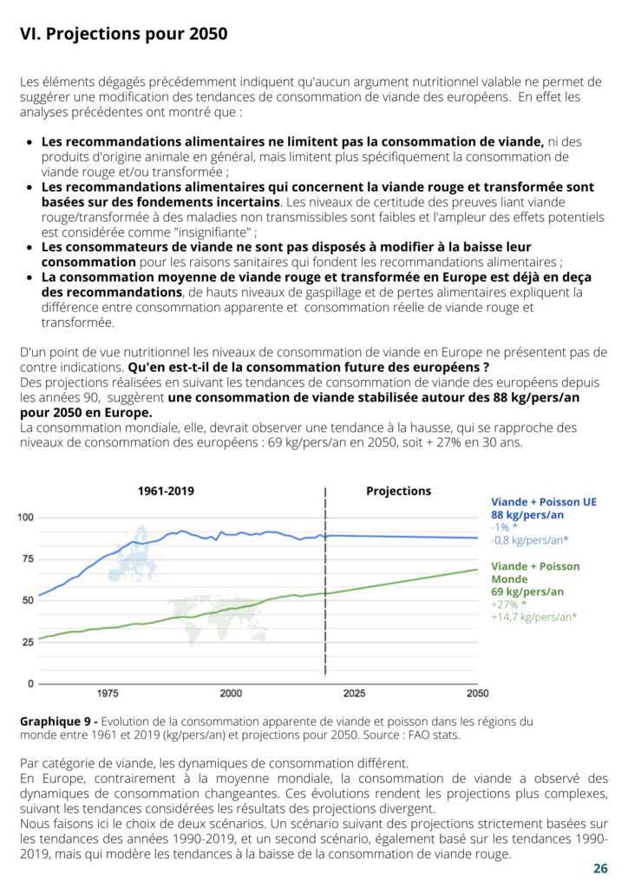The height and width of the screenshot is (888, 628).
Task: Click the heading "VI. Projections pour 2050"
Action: pos(123,34)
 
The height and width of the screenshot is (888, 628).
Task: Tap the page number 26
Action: pos(600,869)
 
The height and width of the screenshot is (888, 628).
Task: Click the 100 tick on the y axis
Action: pos(25,517)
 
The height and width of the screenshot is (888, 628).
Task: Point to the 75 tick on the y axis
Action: pos(28,559)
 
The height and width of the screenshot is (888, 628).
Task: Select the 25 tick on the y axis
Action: pos(28,643)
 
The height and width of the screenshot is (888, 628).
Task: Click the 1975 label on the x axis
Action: pos(108,693)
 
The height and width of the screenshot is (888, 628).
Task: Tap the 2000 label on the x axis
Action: pos(231,693)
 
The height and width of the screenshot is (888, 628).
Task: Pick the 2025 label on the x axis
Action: pos(355,693)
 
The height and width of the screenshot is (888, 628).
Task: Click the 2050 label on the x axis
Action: pos(477,693)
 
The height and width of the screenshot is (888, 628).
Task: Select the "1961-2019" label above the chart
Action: pos(166,491)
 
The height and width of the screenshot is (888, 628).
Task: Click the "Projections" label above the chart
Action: pos(399,491)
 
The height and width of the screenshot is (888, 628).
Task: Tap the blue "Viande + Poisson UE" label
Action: pos(544,502)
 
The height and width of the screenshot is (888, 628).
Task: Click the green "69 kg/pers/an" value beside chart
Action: pos(527,591)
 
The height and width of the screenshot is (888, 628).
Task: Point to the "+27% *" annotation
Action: pos(508,604)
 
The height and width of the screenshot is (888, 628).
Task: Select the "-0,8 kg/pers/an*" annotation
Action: pos(529,540)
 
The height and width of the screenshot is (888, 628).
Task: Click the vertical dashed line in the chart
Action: pos(325,582)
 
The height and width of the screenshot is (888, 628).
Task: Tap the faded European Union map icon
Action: pos(136,554)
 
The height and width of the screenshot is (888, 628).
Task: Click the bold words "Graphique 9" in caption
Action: pos(56,721)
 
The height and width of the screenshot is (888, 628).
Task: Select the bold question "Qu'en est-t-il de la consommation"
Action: pos(238,368)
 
